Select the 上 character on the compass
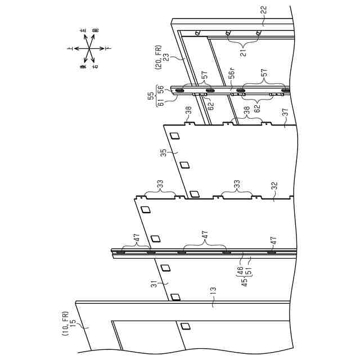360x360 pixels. pyautogui.click(x=70, y=49)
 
